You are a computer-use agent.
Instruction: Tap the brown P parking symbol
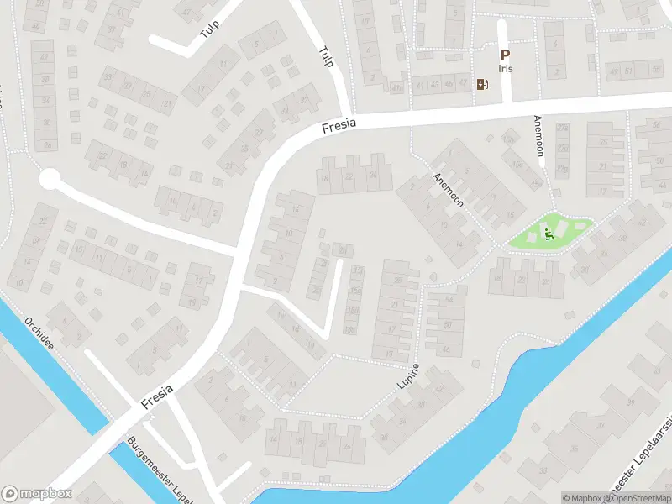pyautogui.click(x=504, y=55)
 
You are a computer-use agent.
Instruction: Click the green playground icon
pyautogui.click(x=549, y=234)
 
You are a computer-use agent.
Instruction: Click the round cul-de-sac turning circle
pyautogui.click(x=50, y=179)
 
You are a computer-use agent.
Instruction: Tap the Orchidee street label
pyautogui.click(x=40, y=333)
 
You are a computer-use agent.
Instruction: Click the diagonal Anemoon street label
pyautogui.click(x=449, y=190)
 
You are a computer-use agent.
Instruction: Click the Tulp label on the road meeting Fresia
pyautogui.click(x=326, y=57)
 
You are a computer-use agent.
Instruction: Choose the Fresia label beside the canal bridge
pyautogui.click(x=158, y=396)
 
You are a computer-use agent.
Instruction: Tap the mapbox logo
pyautogui.click(x=37, y=494)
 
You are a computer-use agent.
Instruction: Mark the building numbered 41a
pyautogui.click(x=397, y=86)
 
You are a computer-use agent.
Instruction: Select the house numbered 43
pyautogui.click(x=435, y=84)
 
